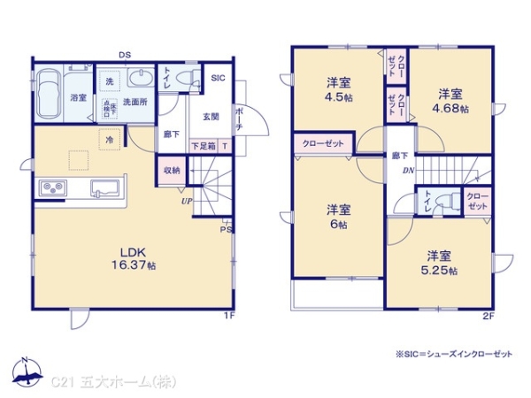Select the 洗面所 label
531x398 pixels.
[x=135, y=102]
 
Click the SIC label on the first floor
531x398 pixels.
[x=219, y=79]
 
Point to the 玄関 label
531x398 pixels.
[x=210, y=116]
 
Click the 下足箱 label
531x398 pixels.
[x=203, y=146]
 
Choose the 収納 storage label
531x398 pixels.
[x=172, y=170]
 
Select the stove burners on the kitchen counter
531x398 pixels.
[x=50, y=188]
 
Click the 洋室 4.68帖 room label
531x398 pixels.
[x=450, y=99]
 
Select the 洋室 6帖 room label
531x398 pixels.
[x=338, y=217]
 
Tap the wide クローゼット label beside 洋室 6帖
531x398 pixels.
[x=324, y=142]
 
